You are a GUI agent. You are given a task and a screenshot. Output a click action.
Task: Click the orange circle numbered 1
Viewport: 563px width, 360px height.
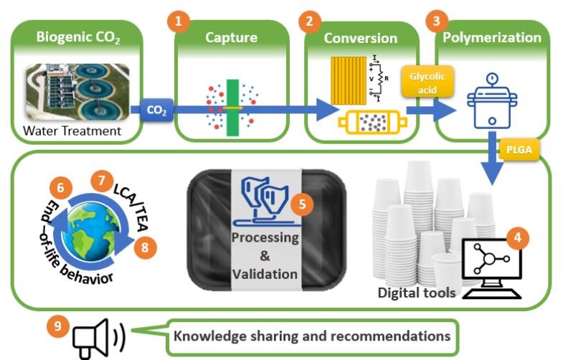pos(177,21)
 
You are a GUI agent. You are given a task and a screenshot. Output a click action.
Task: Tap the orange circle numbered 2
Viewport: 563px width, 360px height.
pos(309,21)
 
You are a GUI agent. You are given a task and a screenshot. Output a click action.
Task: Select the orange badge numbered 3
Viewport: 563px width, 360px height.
pos(434,20)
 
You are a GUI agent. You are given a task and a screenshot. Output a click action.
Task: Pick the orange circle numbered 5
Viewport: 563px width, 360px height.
pos(301,204)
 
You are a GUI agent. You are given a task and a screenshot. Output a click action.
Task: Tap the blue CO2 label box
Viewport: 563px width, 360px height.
pos(157,111)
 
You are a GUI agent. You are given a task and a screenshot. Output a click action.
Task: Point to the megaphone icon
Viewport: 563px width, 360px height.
pos(100,336)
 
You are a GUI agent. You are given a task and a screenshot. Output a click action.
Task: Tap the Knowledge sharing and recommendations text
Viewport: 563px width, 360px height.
pos(312,335)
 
